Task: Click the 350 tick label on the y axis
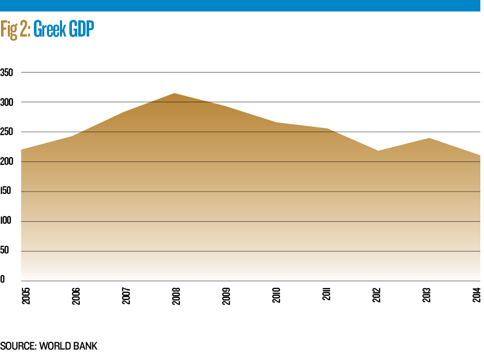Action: pyautogui.click(x=6, y=72)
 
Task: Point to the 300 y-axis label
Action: pyautogui.click(x=6, y=102)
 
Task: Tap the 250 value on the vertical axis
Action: pyautogui.click(x=6, y=132)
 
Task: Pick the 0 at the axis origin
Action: pyautogui.click(x=3, y=280)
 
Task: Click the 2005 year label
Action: pyautogui.click(x=25, y=296)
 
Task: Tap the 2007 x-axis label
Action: pyautogui.click(x=126, y=296)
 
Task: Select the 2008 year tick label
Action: pyautogui.click(x=176, y=296)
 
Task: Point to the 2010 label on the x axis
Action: pyautogui.click(x=276, y=296)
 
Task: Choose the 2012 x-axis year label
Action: pyautogui.click(x=377, y=296)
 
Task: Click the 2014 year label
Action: pyautogui.click(x=478, y=296)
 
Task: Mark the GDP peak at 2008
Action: pyautogui.click(x=174, y=93)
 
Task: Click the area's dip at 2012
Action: pyautogui.click(x=377, y=151)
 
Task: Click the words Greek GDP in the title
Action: pyautogui.click(x=64, y=30)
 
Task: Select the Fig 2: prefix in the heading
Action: pyautogui.click(x=15, y=30)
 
